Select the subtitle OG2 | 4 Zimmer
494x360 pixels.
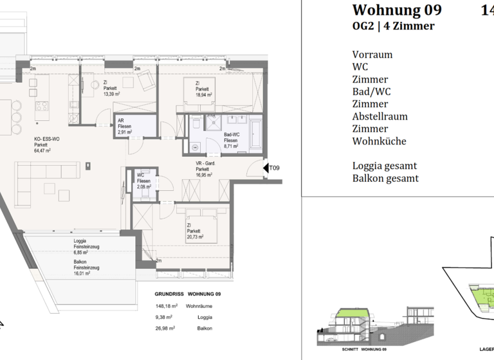[x=393, y=26]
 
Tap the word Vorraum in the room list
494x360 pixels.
[x=372, y=55]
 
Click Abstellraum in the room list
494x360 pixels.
[x=380, y=116]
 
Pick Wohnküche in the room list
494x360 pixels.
[x=379, y=141]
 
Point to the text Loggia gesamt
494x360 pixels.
[x=384, y=165]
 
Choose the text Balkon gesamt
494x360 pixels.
[x=385, y=178]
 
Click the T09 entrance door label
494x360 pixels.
[x=274, y=168]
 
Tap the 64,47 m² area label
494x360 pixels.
[x=43, y=150]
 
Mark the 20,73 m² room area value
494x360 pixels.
[x=195, y=237]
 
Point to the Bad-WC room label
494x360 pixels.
[x=231, y=134]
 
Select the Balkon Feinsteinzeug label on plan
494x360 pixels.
[x=87, y=265]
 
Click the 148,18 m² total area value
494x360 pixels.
[x=165, y=307]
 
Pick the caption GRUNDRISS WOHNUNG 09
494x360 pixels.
[x=188, y=294]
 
